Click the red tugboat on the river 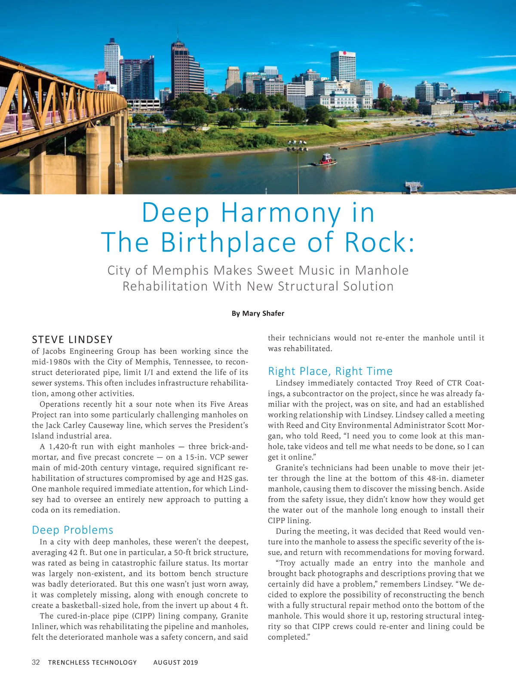[x=325, y=160]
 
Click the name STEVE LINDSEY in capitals [x=72, y=339]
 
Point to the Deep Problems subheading [x=73, y=530]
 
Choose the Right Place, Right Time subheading [x=330, y=371]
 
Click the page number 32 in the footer [x=36, y=662]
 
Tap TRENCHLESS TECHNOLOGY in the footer [x=92, y=663]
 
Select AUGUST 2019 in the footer [x=175, y=663]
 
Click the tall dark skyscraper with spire [x=180, y=69]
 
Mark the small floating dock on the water [x=414, y=187]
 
